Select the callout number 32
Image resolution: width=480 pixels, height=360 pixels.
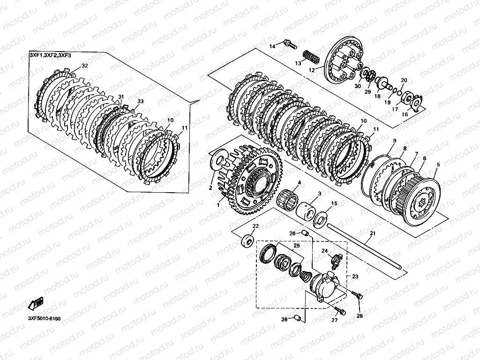[85, 66]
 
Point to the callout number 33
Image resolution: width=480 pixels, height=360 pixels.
[140, 101]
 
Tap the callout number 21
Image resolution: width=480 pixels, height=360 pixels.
[373, 233]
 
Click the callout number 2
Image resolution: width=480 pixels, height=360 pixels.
[210, 188]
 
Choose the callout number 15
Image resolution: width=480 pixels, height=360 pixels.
[334, 203]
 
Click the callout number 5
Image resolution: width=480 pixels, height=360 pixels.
[438, 165]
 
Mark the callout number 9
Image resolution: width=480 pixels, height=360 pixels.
[394, 141]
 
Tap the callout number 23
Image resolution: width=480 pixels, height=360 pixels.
[355, 276]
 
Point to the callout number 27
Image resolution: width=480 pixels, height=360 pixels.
[334, 321]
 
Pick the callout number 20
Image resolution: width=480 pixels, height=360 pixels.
[404, 81]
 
